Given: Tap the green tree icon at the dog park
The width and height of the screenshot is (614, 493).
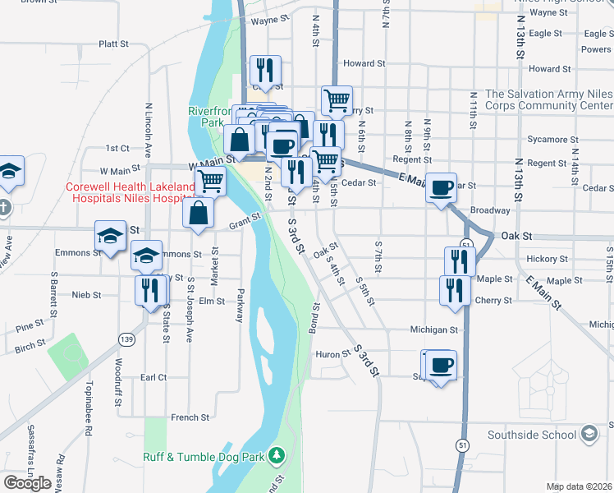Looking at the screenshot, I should [x=277, y=455].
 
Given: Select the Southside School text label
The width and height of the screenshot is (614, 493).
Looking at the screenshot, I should [x=534, y=434].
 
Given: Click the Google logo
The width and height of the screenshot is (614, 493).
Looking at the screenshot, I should [x=27, y=483].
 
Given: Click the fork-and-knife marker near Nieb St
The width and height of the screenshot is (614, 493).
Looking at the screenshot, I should [x=149, y=291].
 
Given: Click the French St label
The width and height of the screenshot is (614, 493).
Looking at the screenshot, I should [x=190, y=417].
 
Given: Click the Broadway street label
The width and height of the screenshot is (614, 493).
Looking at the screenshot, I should [x=490, y=210].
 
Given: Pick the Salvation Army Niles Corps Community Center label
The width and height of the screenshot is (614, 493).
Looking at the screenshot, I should [x=548, y=99].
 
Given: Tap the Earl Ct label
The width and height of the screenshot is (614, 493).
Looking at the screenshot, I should [x=153, y=377].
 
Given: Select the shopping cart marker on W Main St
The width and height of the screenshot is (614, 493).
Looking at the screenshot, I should [x=211, y=180].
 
